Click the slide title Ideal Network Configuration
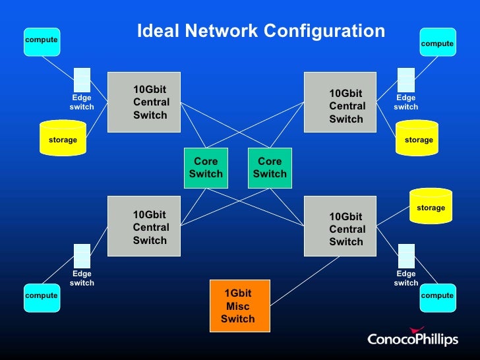[x=260, y=31]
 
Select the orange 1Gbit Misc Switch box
[x=240, y=306]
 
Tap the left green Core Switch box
[x=206, y=167]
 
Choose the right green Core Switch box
[x=270, y=167]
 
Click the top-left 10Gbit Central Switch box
[x=144, y=102]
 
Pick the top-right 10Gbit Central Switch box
[x=340, y=102]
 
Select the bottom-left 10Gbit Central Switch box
[x=144, y=226]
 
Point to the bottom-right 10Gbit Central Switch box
[x=340, y=226]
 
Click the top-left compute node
[x=41, y=41]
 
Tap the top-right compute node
[x=437, y=42]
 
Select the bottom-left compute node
[x=41, y=297]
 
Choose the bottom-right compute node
[x=437, y=297]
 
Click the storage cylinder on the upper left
[x=63, y=138]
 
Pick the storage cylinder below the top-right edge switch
[x=417, y=138]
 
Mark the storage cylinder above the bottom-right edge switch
[x=431, y=206]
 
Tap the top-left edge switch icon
[x=82, y=80]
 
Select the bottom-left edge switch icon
[x=82, y=256]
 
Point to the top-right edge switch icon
[x=406, y=80]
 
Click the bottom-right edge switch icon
[x=406, y=256]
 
